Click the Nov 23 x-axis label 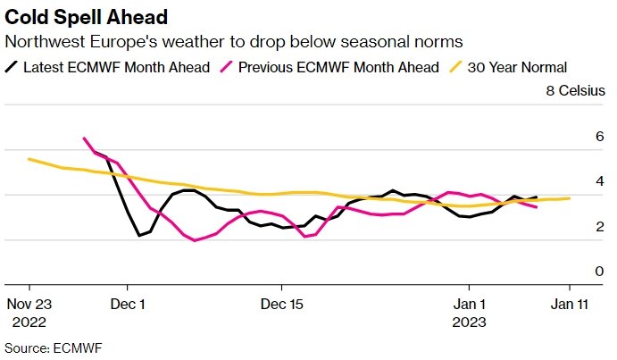click(29, 304)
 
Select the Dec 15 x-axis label click(281, 304)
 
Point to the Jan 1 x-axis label click(470, 304)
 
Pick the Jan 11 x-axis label click(570, 304)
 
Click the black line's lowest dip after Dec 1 click(139, 236)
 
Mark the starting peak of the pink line click(84, 138)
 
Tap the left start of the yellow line click(29, 159)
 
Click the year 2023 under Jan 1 click(470, 321)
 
